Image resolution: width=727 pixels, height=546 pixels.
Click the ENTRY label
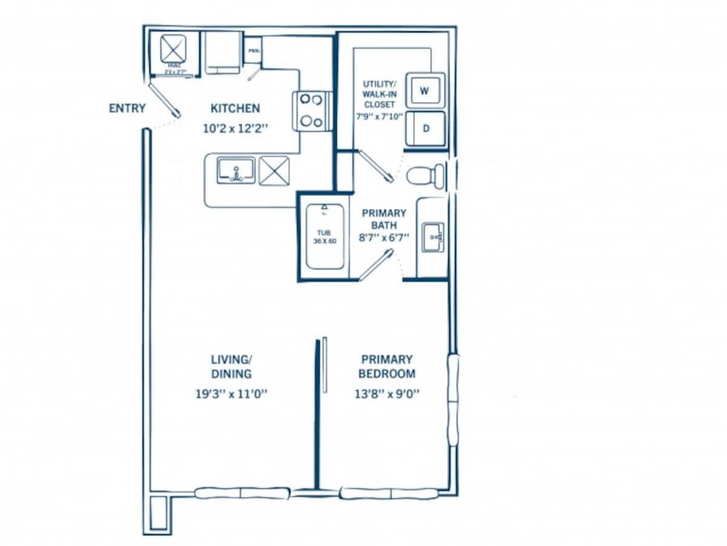point(127,109)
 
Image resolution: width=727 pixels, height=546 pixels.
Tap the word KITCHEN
point(235,109)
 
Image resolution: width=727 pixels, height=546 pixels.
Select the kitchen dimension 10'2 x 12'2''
point(236,129)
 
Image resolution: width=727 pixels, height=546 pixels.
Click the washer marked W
point(425,91)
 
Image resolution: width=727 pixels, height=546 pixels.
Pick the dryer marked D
point(425,129)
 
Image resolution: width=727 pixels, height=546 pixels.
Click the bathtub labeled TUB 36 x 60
point(325,236)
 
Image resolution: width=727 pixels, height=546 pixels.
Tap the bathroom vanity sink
point(433,236)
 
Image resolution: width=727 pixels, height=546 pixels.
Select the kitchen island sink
point(236,170)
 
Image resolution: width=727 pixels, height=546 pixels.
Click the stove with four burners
point(311,110)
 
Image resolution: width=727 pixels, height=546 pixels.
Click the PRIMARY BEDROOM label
point(387,366)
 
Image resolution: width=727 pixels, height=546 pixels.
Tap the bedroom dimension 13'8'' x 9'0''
point(388,393)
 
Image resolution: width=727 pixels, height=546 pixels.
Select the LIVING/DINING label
point(231,366)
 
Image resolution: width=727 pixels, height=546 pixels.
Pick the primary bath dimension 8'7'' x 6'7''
point(384,238)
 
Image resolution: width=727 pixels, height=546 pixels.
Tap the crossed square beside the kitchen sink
point(274,170)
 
